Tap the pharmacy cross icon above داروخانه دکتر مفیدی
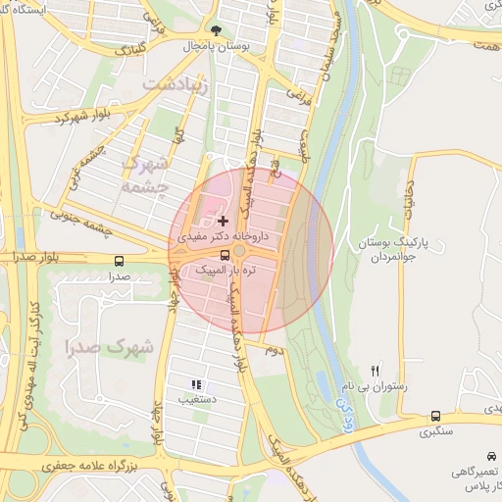click(223, 222)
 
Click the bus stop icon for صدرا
click(120, 262)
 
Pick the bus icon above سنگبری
click(435, 416)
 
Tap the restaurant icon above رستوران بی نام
click(375, 371)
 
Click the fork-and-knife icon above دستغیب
click(196, 384)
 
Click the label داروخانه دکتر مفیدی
click(218, 237)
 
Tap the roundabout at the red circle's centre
click(240, 253)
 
